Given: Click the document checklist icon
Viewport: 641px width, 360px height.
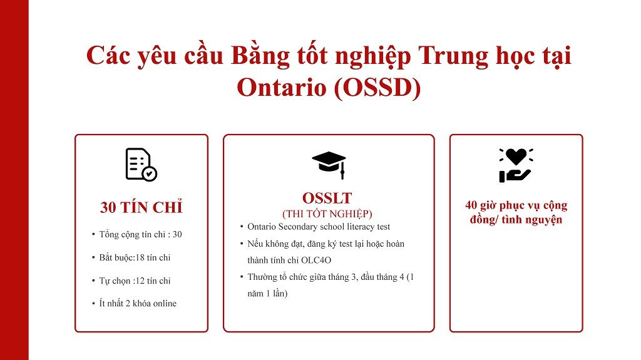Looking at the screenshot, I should (141, 165).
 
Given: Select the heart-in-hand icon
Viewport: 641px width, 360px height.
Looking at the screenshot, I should (516, 165).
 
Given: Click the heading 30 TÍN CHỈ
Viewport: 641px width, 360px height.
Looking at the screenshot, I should (141, 207).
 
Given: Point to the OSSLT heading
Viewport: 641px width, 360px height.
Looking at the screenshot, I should (328, 198).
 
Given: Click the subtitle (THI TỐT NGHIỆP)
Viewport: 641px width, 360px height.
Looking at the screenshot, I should (327, 213).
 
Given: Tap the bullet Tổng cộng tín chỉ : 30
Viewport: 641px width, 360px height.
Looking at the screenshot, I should (140, 234).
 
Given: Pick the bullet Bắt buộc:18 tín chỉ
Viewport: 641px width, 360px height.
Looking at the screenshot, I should (135, 257).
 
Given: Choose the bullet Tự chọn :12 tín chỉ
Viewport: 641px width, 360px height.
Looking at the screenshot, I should (135, 280).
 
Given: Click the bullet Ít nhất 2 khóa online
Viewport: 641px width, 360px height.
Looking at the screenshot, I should (138, 304).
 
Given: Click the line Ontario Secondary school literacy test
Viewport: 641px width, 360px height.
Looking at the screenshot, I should (319, 227).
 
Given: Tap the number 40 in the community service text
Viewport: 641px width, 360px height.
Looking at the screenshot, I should (472, 205).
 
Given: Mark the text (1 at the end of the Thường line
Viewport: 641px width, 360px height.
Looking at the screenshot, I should (409, 277).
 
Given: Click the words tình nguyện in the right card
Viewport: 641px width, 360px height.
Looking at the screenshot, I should (532, 220).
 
